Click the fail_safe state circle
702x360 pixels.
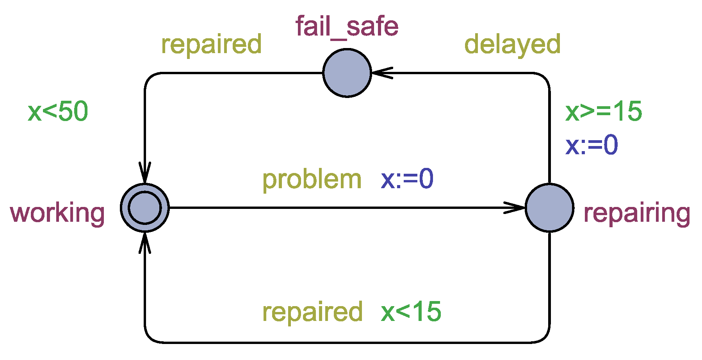click(x=347, y=73)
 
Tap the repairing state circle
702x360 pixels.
click(x=549, y=208)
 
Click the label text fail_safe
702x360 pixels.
click(x=347, y=27)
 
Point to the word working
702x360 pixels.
click(x=57, y=213)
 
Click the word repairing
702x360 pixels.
click(x=636, y=213)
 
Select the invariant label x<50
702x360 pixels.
click(x=58, y=112)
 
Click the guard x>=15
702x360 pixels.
click(x=603, y=112)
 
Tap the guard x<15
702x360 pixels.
click(x=411, y=312)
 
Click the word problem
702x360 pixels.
click(x=312, y=180)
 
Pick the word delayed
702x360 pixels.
click(x=512, y=44)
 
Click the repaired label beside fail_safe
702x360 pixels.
click(x=211, y=44)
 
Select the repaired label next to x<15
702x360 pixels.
click(x=312, y=312)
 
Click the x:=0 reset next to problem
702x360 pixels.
click(x=407, y=179)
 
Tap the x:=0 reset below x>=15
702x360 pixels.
click(x=592, y=145)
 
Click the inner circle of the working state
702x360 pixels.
click(x=145, y=208)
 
